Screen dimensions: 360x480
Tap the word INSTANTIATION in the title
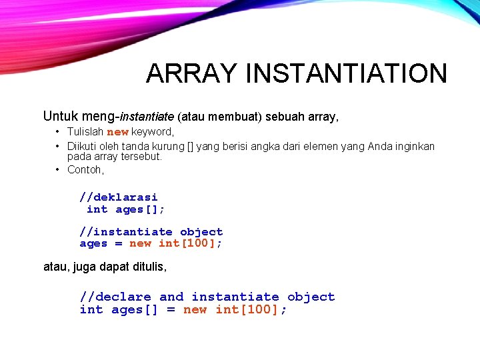point(346,73)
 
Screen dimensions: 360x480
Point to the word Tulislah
point(86,132)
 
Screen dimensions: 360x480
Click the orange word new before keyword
point(117,132)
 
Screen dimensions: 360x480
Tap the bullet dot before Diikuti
point(58,146)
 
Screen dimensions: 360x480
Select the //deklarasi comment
point(119,197)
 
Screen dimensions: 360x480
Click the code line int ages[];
point(125,209)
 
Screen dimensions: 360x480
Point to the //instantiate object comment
point(151,231)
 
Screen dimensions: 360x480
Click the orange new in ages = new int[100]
point(140,244)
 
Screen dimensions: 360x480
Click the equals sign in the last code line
point(171,310)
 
